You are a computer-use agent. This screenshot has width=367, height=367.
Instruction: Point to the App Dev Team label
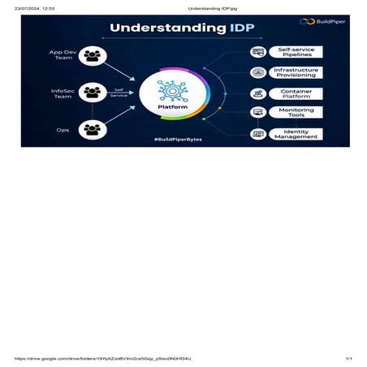point(62,56)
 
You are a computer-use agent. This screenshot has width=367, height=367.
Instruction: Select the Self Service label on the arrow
point(119,93)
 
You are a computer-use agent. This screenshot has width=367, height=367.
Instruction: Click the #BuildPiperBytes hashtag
point(179,140)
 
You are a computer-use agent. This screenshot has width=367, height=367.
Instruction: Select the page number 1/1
point(348,358)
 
